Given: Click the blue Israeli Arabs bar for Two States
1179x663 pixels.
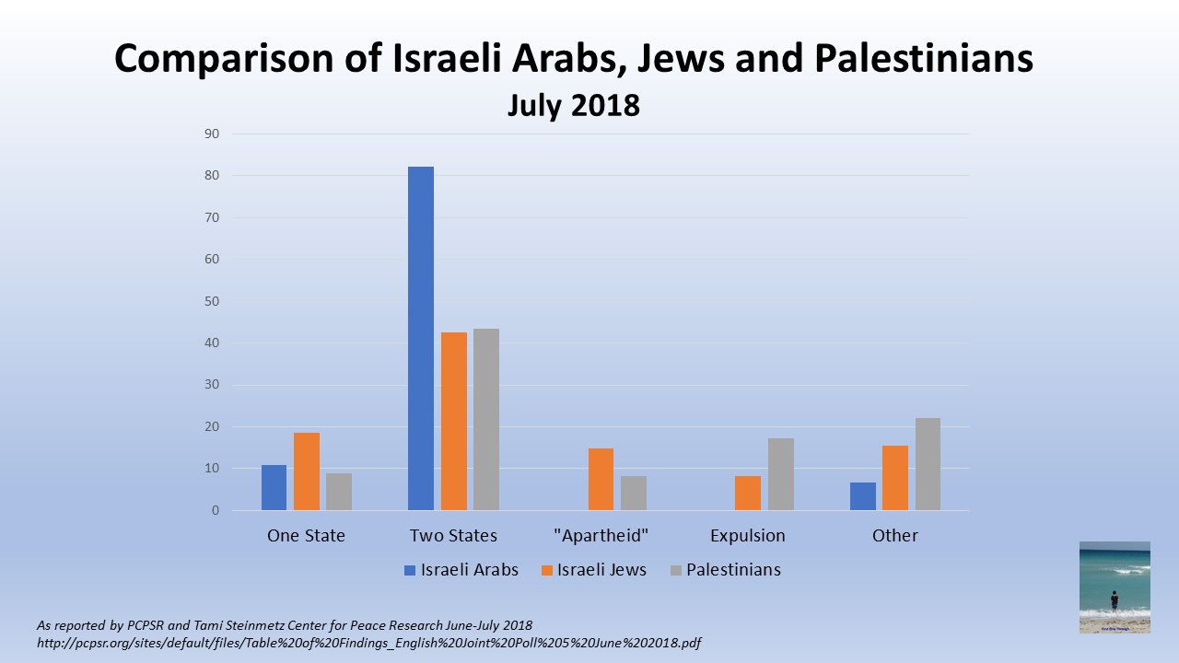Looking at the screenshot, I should (x=421, y=338).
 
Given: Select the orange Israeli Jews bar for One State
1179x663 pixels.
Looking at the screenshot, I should (x=307, y=471).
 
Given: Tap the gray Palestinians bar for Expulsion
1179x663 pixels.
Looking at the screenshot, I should (x=781, y=474).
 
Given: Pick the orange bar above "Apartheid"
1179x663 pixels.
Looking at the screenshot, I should (x=601, y=479).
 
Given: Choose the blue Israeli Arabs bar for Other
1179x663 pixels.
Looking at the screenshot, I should (x=863, y=496).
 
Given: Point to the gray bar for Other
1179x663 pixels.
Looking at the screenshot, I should (x=928, y=464).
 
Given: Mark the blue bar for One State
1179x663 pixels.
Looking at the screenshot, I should (x=274, y=487).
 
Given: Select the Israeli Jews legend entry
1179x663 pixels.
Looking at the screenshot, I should (x=594, y=570).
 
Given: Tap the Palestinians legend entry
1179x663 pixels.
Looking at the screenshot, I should (x=726, y=570).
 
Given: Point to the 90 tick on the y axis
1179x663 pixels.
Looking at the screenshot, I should (x=212, y=134).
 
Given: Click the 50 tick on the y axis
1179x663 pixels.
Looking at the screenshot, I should (x=212, y=301).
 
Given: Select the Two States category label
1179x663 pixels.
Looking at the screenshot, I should (x=453, y=535).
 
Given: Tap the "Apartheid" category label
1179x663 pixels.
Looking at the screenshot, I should (x=601, y=535).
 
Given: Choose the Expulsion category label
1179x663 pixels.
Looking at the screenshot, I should (x=748, y=535).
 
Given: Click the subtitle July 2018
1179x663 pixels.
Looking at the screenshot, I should (x=573, y=105).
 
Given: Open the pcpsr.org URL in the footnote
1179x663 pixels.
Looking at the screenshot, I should (x=368, y=643).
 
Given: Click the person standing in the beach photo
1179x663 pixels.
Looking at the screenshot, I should (x=1115, y=600).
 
